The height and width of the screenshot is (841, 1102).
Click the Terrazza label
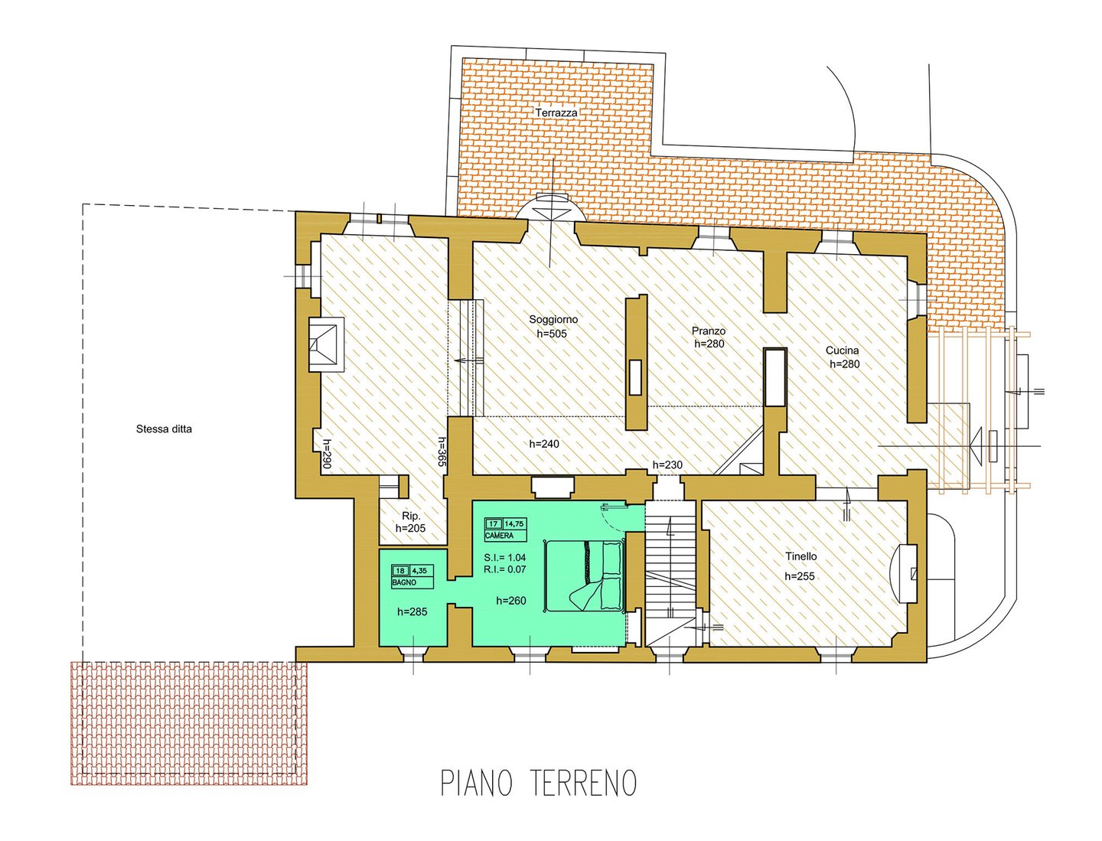coord(556,112)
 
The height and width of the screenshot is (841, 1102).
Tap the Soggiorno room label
coord(553,319)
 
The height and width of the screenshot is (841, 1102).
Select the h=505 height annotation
coord(552,333)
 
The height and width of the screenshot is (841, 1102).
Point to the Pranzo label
coord(709,331)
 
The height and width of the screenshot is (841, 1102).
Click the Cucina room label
coord(842,350)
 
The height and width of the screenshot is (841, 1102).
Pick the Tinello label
coord(800,556)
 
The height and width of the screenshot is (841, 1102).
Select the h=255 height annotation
coord(800,576)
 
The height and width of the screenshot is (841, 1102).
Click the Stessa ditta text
coord(164,429)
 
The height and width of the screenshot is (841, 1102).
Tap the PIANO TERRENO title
coord(539,783)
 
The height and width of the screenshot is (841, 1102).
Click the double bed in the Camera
coord(585,575)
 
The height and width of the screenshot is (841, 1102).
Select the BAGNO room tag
coord(404,582)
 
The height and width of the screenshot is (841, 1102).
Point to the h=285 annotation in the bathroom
coord(412,611)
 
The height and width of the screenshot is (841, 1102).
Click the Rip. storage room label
coord(411,515)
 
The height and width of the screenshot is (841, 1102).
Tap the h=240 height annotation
coord(543,444)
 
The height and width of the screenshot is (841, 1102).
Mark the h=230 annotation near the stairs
coord(667,465)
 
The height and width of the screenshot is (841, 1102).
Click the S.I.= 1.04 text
coord(504,558)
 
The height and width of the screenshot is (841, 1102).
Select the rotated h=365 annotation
coord(442,452)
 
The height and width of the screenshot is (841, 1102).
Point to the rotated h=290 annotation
coord(326,455)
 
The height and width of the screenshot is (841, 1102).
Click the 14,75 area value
coord(514,523)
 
